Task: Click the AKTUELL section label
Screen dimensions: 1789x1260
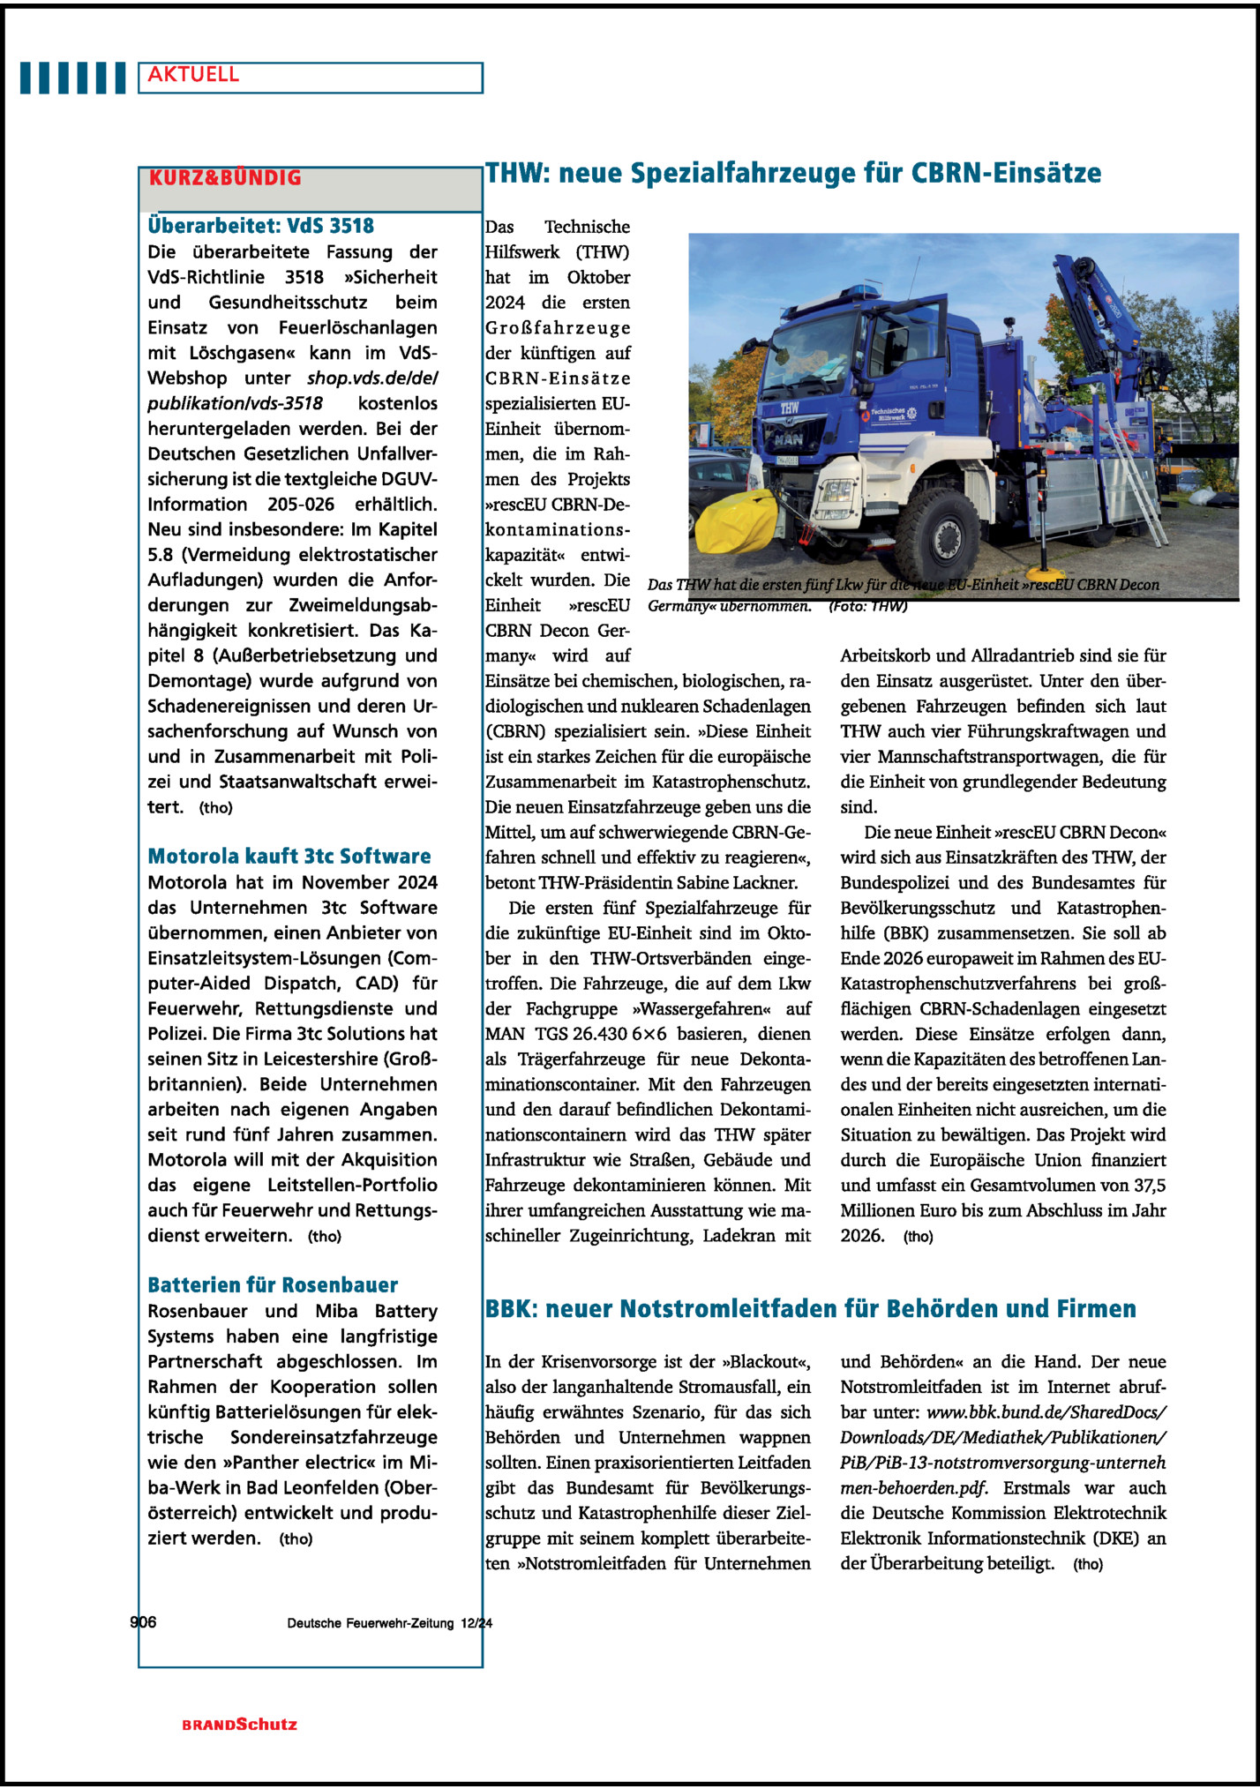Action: (193, 75)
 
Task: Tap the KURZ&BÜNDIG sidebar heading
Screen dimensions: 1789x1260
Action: (225, 178)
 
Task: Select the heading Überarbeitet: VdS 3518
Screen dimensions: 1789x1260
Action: (260, 226)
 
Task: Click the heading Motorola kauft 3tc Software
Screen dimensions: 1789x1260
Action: (289, 857)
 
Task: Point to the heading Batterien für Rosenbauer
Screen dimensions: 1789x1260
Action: (273, 1285)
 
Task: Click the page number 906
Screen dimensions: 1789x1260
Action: (143, 1622)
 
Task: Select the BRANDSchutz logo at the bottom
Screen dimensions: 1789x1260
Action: (240, 1725)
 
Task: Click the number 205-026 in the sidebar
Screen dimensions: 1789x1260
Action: (301, 505)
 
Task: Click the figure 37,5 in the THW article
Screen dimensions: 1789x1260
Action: (1148, 1186)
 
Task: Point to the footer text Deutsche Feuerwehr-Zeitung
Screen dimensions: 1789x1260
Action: (370, 1623)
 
